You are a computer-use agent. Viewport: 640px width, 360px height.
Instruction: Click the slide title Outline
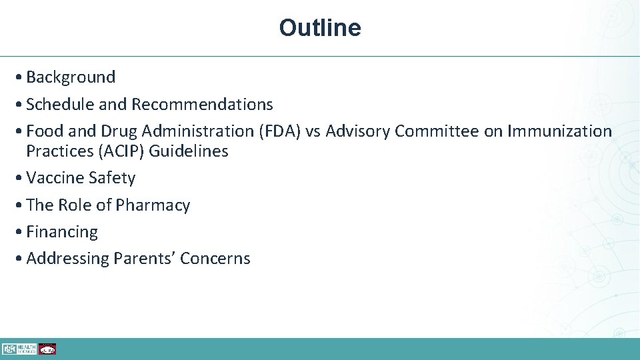(x=320, y=28)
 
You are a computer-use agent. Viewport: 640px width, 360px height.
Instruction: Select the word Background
(x=71, y=77)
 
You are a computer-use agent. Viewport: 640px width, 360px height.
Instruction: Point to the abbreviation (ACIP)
(x=120, y=151)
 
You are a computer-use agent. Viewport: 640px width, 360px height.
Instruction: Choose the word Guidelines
(x=189, y=151)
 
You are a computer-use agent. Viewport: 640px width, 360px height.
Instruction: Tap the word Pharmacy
(x=153, y=205)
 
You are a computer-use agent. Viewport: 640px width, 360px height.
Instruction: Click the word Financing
(x=62, y=232)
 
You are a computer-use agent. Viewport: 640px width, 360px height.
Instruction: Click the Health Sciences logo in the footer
(x=19, y=349)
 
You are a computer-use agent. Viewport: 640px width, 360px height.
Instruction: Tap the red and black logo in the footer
(x=47, y=349)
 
